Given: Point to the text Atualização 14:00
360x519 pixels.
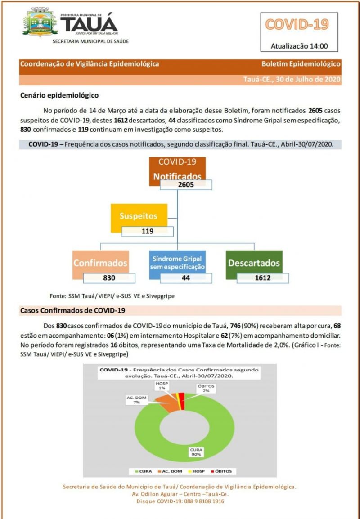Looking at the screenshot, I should tap(297, 45).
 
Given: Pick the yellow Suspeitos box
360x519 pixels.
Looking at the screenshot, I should tap(139, 216).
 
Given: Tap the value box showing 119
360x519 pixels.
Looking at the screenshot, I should tap(148, 232).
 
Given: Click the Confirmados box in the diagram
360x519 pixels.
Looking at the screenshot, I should tap(100, 263).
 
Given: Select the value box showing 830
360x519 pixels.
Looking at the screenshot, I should tap(109, 277).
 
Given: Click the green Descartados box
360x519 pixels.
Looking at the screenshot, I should tap(254, 263).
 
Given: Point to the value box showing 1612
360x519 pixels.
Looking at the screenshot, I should tap(263, 277).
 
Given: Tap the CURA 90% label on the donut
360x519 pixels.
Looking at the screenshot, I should tap(195, 452).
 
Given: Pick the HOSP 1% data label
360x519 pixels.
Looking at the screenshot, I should tap(162, 385).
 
